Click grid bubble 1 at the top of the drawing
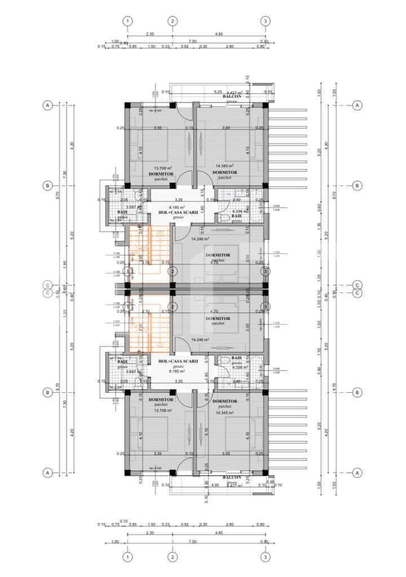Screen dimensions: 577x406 click(x=127, y=21)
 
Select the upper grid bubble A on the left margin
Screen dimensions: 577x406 click(x=48, y=105)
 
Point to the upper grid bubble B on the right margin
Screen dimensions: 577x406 click(x=356, y=185)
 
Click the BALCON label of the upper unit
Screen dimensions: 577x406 click(x=232, y=97)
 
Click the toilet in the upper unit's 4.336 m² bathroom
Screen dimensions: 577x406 click(x=224, y=217)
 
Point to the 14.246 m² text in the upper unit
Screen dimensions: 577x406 click(x=200, y=239)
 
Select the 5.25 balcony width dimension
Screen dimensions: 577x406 click(x=217, y=91)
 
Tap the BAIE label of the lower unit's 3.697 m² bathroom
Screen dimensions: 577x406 click(x=122, y=361)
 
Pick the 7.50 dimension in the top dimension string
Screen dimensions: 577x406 click(x=192, y=41)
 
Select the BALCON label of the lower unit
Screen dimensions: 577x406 click(x=232, y=478)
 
